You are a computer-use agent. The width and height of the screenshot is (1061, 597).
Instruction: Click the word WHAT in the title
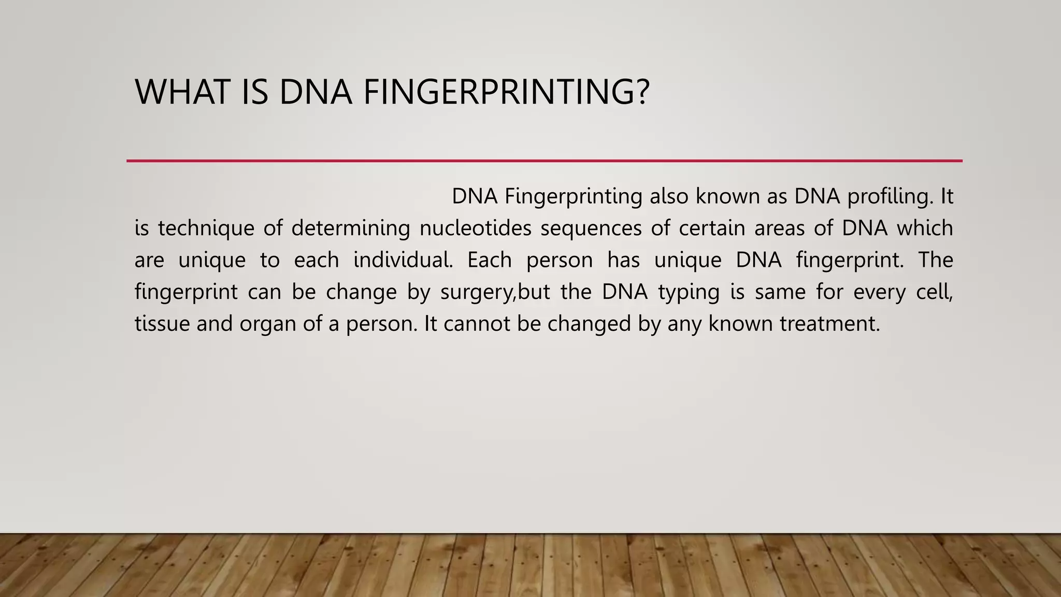[182, 92]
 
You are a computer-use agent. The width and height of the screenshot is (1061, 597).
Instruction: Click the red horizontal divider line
[544, 161]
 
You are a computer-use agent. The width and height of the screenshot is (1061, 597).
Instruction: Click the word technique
[206, 229]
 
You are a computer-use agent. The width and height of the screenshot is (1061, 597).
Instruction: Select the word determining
[351, 229]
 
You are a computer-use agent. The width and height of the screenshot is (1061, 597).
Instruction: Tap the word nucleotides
[475, 229]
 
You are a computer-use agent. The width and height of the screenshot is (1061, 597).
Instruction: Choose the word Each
[490, 260]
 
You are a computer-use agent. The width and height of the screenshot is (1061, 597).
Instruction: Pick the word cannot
[477, 324]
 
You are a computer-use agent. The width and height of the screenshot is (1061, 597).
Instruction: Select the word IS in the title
[255, 92]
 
